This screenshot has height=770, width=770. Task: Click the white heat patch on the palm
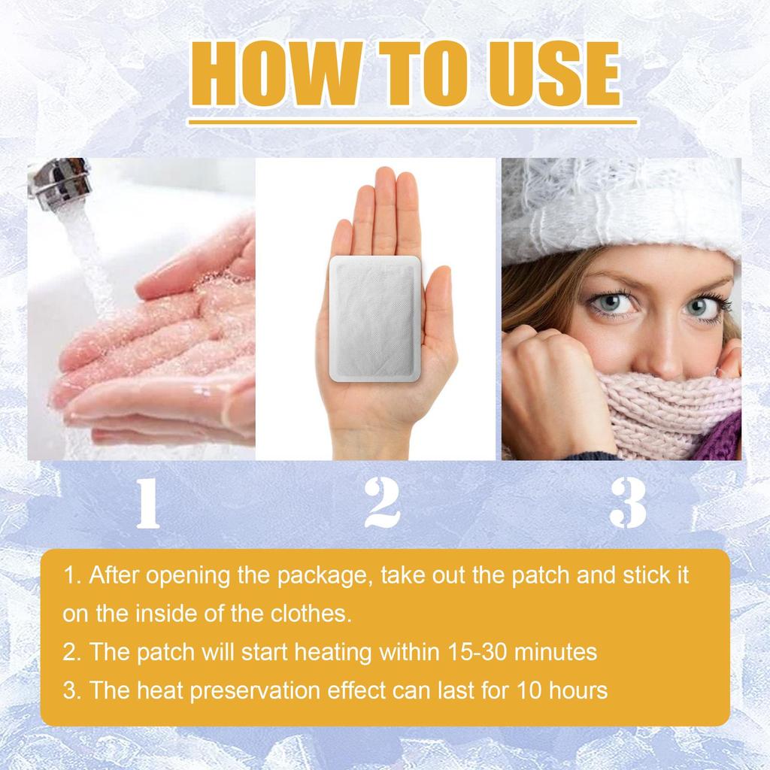(x=374, y=316)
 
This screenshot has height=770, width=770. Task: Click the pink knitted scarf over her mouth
(x=662, y=414)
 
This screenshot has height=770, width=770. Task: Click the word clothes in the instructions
(x=309, y=614)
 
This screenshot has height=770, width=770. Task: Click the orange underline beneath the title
(x=412, y=121)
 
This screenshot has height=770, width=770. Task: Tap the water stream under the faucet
(x=83, y=248)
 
